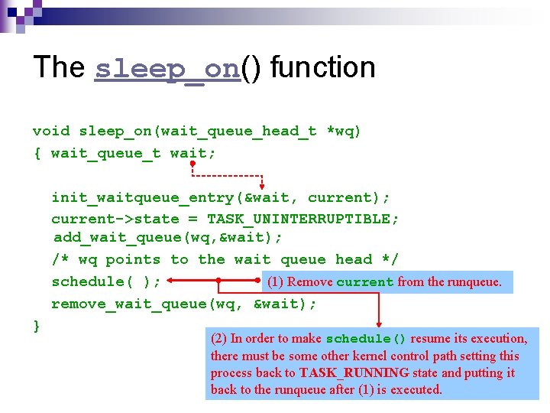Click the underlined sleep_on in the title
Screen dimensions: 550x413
(x=167, y=69)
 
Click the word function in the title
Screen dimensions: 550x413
(x=322, y=67)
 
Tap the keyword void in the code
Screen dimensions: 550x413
(x=50, y=132)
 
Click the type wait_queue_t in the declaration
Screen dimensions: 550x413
(x=105, y=154)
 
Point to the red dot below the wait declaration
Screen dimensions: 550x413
(x=193, y=164)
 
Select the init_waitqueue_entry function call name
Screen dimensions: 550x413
(x=143, y=198)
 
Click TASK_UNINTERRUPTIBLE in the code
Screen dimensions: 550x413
(x=302, y=220)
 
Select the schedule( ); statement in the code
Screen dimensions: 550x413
(x=106, y=282)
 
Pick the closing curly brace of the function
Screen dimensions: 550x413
(x=37, y=326)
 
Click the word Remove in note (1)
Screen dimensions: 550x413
(x=310, y=282)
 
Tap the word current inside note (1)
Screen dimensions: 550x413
(x=365, y=282)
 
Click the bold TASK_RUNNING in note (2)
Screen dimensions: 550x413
(x=354, y=373)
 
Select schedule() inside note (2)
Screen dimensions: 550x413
(x=366, y=339)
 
